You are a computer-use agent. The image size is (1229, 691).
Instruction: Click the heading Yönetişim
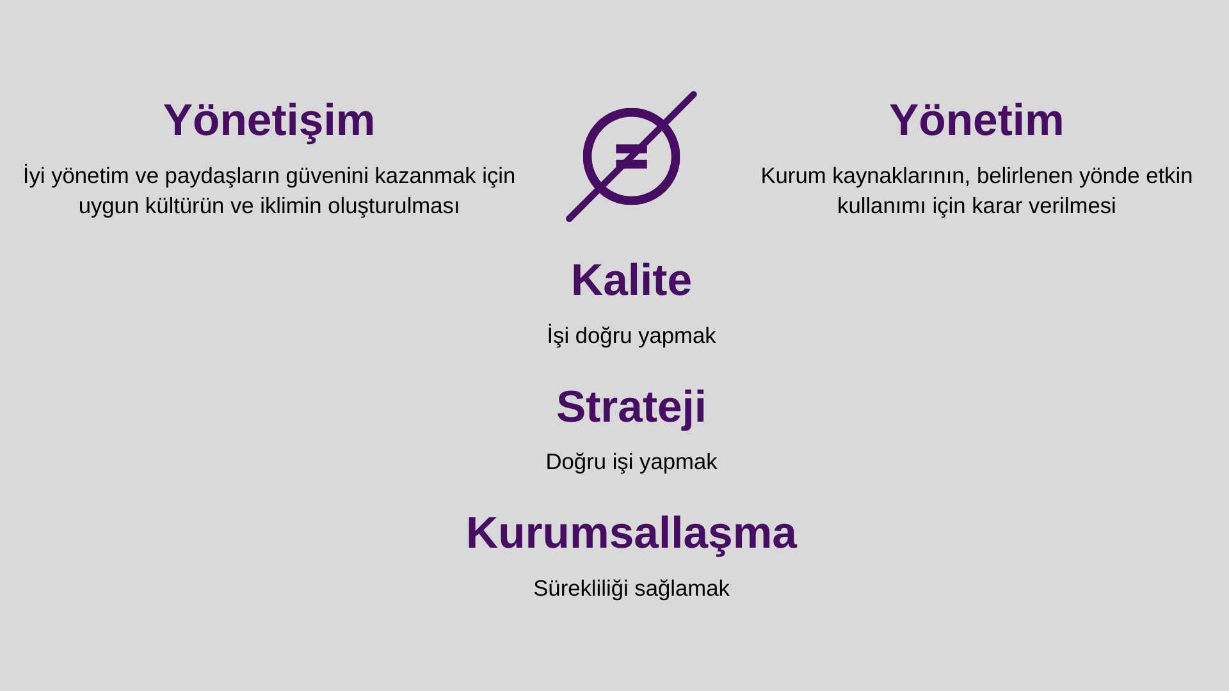coord(269,120)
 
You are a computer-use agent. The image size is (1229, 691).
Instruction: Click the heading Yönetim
coord(976,120)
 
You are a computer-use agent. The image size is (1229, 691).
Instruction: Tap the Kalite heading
coord(631,280)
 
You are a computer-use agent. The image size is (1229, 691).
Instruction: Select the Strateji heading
coord(631,407)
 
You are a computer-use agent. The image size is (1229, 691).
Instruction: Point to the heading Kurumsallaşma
coord(631,533)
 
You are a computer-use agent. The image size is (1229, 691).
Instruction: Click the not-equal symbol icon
coord(631,157)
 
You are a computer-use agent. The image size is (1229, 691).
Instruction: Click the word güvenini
coord(327,176)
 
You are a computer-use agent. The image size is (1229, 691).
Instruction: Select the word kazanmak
coord(425,176)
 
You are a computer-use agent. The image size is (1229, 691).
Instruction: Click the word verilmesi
coord(1084,206)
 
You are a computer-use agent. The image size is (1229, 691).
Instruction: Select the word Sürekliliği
coord(581,589)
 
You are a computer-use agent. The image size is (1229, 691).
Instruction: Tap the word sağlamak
coord(682,589)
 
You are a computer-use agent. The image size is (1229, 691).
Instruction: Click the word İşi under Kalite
coord(558,336)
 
